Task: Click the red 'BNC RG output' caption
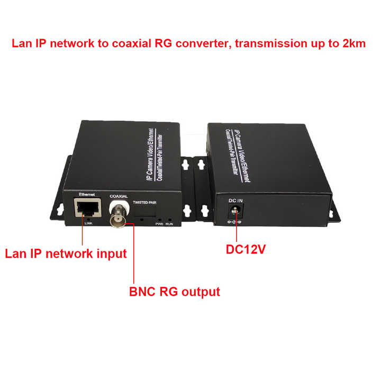coord(175,292)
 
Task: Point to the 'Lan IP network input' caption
coord(66,253)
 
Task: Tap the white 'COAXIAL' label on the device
coord(119,197)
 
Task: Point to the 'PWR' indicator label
coord(158,224)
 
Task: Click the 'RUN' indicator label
coord(169,224)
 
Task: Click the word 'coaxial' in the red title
coord(135,44)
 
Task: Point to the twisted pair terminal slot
coord(144,217)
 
